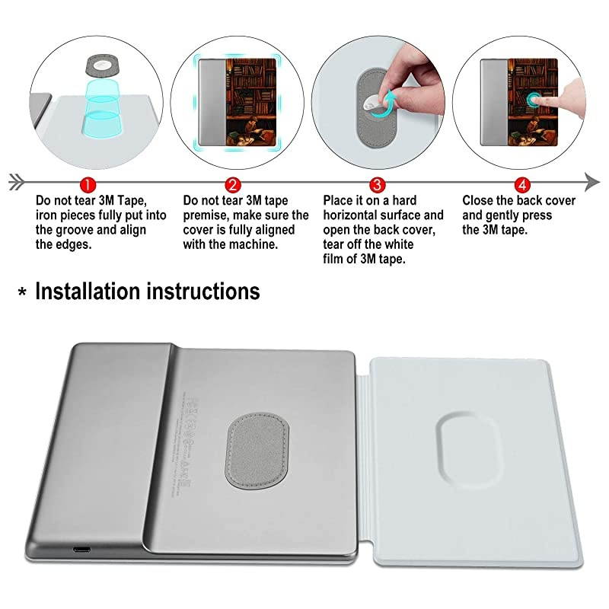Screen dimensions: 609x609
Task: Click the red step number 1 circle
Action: (88, 183)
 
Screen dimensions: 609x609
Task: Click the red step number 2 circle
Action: (233, 183)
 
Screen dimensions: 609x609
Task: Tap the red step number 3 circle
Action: (375, 183)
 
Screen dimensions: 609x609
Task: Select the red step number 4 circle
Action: (521, 183)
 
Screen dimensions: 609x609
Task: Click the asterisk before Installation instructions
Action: (22, 294)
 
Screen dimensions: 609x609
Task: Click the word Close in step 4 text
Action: (480, 201)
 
